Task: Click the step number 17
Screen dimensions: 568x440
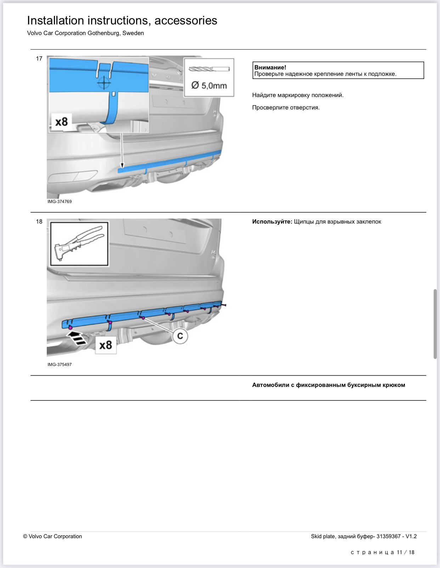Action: (39, 59)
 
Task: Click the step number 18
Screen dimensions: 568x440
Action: (39, 222)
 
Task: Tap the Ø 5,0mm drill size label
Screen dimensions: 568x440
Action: (209, 85)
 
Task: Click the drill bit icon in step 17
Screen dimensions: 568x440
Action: (209, 69)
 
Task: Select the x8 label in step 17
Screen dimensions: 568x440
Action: (61, 122)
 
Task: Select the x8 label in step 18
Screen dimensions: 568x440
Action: (106, 345)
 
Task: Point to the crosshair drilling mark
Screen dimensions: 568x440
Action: (104, 84)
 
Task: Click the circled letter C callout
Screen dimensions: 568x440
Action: (180, 336)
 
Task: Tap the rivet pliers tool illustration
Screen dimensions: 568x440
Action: (79, 244)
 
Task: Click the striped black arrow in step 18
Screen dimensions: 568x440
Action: (77, 338)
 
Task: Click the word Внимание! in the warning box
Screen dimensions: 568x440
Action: (270, 67)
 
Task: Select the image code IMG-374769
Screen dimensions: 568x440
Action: (60, 202)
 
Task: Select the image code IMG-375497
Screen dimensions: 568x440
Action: (60, 365)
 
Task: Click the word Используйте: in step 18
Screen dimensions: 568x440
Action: (272, 222)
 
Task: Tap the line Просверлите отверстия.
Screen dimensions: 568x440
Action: (286, 108)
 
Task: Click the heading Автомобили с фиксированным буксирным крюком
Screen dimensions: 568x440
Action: (328, 385)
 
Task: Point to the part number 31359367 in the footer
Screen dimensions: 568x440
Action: (389, 536)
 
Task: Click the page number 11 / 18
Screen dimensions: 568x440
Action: (405, 552)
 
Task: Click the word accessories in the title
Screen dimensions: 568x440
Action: (186, 21)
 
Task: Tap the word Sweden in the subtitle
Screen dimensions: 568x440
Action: (133, 33)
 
